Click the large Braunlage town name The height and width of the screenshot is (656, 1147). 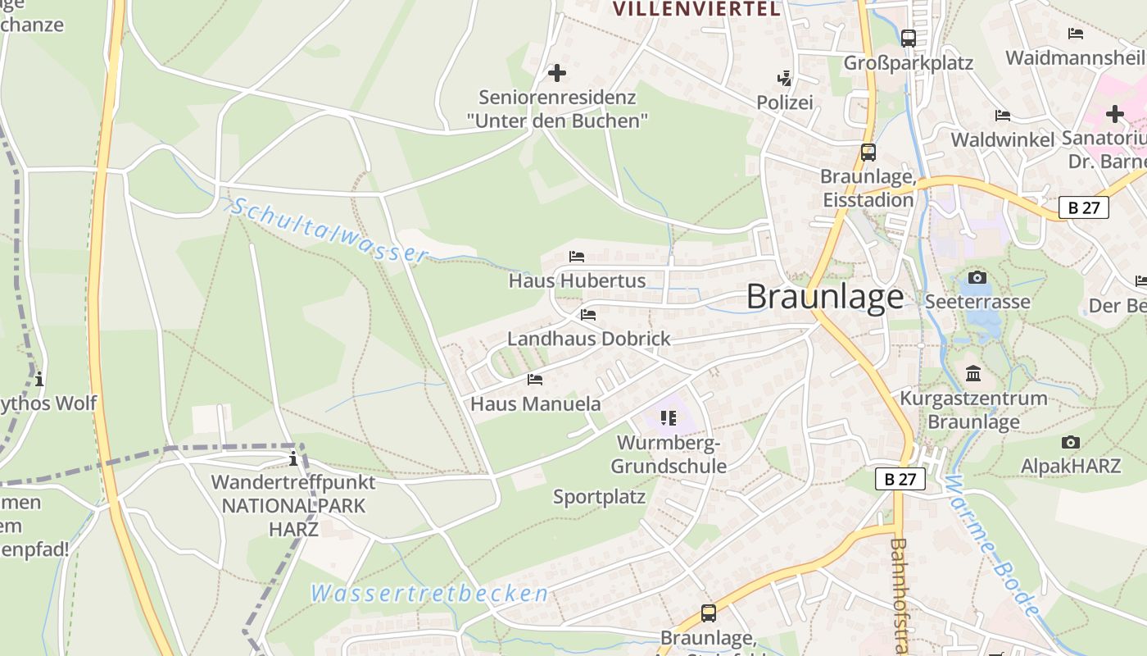[825, 297]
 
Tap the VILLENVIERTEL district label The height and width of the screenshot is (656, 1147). [696, 9]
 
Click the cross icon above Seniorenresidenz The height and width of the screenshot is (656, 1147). [557, 73]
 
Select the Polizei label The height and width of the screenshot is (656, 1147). [785, 102]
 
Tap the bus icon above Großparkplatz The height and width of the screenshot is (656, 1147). [908, 38]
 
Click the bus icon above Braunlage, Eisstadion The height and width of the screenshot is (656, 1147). [868, 153]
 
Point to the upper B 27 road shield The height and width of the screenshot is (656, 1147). [1084, 207]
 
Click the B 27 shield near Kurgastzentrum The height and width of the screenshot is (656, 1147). [900, 479]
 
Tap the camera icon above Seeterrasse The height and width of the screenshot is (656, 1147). [977, 278]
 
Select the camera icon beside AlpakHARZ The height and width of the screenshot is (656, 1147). [1070, 443]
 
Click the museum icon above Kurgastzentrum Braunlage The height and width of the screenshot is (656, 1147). [973, 374]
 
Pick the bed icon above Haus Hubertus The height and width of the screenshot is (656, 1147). [577, 257]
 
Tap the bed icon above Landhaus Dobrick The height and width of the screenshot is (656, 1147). [587, 315]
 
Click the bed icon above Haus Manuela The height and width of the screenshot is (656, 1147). [535, 380]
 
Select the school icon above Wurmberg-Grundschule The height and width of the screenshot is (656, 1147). [669, 418]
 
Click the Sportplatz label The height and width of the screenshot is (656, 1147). [599, 497]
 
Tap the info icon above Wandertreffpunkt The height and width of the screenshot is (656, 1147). [293, 458]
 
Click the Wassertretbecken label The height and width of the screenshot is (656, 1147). [429, 594]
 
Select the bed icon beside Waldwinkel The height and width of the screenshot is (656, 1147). [1002, 116]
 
